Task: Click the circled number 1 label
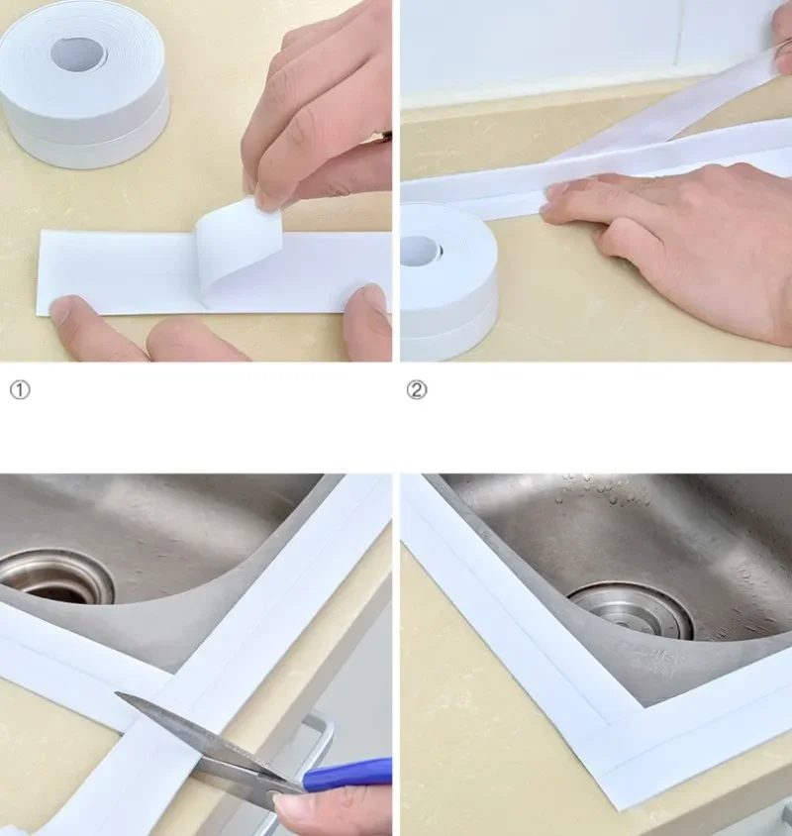(x=20, y=390)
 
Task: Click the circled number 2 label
(x=417, y=390)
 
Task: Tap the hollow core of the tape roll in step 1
(x=78, y=52)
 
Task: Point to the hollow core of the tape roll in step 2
(x=421, y=251)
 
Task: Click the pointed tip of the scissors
(x=116, y=693)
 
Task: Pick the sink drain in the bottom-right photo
(x=631, y=611)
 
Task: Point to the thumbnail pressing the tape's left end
(x=62, y=308)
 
